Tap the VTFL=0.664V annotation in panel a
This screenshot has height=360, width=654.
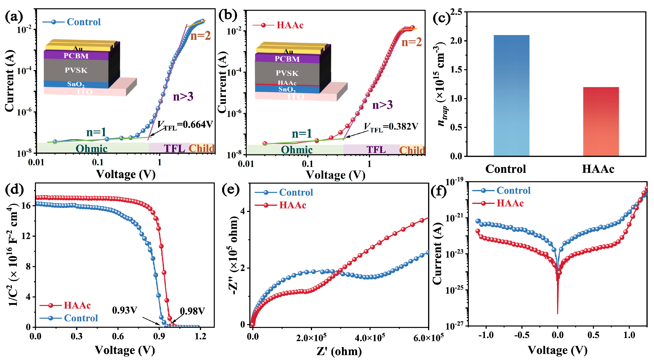(x=185, y=124)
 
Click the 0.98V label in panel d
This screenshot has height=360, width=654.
(x=192, y=311)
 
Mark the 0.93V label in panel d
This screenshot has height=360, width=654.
(x=124, y=310)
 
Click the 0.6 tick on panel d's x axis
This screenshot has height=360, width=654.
(x=118, y=336)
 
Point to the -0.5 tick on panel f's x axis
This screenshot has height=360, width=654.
(x=522, y=335)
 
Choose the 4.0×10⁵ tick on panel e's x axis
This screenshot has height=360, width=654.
(x=370, y=338)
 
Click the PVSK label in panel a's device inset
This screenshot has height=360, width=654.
(x=76, y=70)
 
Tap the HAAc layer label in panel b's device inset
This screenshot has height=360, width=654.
(x=287, y=83)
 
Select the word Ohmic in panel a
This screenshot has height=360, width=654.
(x=91, y=149)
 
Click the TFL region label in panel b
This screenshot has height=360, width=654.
(x=376, y=150)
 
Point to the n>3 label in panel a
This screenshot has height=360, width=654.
(x=183, y=97)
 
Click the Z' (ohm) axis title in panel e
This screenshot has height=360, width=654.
(x=339, y=351)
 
